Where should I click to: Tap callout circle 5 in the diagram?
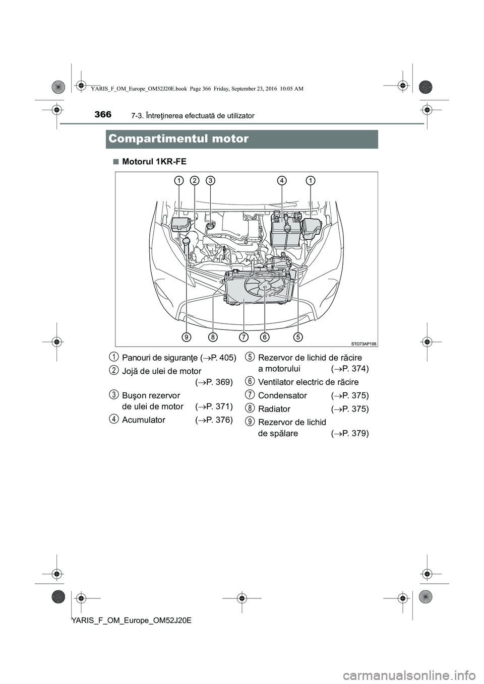(297, 336)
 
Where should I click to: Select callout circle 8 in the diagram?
(213, 336)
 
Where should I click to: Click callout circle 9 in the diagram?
(187, 336)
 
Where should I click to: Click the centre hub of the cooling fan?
(264, 286)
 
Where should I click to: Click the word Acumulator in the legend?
(144, 420)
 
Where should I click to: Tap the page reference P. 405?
(220, 358)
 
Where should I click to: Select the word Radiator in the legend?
(274, 408)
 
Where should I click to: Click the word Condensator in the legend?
(282, 395)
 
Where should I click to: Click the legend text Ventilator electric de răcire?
(308, 382)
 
